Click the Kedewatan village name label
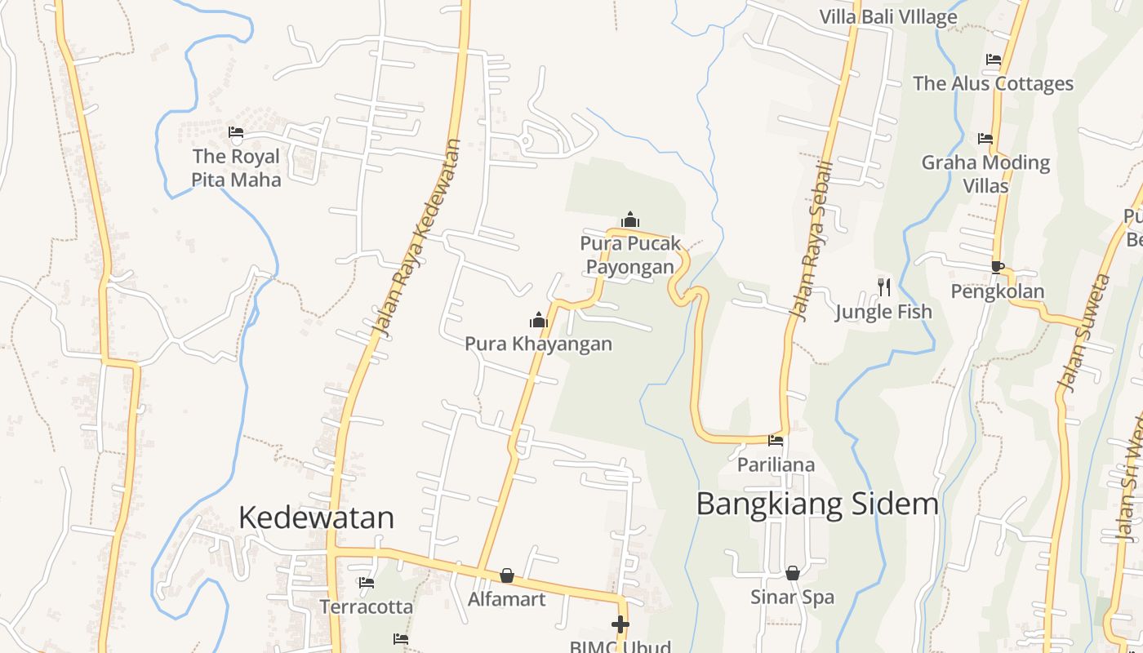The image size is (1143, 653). coord(316,518)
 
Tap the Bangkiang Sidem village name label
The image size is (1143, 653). coord(817,504)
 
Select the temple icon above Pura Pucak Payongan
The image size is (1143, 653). coord(630,220)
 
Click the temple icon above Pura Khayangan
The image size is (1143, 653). coord(538,319)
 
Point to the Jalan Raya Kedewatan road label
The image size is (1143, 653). coord(416,237)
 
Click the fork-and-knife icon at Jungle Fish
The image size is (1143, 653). coord(883,287)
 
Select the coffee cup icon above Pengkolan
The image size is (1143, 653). coord(997,266)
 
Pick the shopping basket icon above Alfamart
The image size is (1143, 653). coord(507,575)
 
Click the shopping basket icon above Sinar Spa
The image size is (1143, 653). coord(792,573)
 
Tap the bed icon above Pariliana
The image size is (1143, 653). coord(776,441)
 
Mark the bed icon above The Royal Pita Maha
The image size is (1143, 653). coord(236,131)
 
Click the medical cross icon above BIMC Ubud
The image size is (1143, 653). coord(620,625)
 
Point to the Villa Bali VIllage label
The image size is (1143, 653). coord(888,16)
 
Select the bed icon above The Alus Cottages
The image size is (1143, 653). coord(994,60)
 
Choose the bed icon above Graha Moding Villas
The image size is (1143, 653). coord(985,139)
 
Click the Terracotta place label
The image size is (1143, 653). coord(366,607)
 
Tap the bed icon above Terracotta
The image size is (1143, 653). coord(367,583)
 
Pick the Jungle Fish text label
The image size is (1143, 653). coord(883,311)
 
